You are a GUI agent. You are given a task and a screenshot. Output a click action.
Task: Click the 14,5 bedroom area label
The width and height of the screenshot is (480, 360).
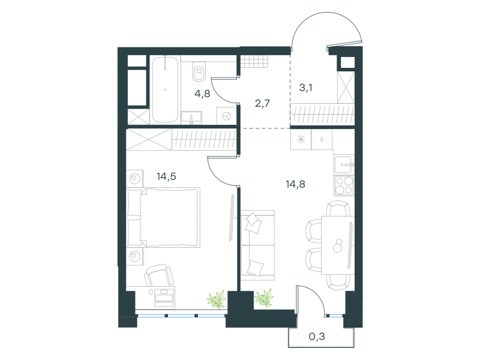click(166, 176)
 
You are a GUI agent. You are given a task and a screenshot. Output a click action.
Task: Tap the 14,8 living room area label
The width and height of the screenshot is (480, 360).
click(295, 184)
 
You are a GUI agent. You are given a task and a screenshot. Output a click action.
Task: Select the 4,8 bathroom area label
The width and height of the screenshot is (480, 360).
click(202, 94)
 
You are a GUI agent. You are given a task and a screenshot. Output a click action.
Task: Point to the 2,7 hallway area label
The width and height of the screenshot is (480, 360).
click(262, 103)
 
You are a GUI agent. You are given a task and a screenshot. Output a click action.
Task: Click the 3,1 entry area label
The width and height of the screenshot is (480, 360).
click(305, 88)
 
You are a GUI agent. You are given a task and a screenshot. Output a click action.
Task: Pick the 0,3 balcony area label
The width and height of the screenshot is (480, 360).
click(317, 337)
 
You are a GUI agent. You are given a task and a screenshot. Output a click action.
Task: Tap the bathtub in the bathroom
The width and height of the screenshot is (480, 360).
click(165, 89)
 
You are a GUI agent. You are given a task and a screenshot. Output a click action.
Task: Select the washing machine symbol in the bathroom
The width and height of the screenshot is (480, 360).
click(227, 116)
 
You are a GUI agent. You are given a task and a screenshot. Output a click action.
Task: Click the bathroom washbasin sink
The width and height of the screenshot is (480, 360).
click(191, 118)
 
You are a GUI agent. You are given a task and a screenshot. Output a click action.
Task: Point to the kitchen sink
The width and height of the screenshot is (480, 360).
click(344, 164)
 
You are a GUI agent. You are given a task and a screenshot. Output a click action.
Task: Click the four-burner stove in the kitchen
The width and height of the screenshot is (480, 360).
click(344, 185)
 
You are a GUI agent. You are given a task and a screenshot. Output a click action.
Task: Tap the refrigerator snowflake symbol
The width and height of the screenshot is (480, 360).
click(301, 140)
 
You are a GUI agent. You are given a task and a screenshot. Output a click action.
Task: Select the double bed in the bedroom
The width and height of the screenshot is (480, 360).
click(163, 217)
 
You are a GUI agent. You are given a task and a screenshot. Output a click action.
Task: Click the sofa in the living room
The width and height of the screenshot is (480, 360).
click(257, 245)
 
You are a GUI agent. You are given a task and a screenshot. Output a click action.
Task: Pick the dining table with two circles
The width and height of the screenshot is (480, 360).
click(338, 245)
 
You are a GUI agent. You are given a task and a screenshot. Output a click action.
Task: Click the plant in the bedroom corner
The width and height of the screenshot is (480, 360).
click(217, 299)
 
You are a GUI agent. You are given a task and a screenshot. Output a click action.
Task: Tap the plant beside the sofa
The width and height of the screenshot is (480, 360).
click(264, 298)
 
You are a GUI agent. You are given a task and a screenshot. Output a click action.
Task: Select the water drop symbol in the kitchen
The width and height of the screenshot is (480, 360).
click(322, 140)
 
